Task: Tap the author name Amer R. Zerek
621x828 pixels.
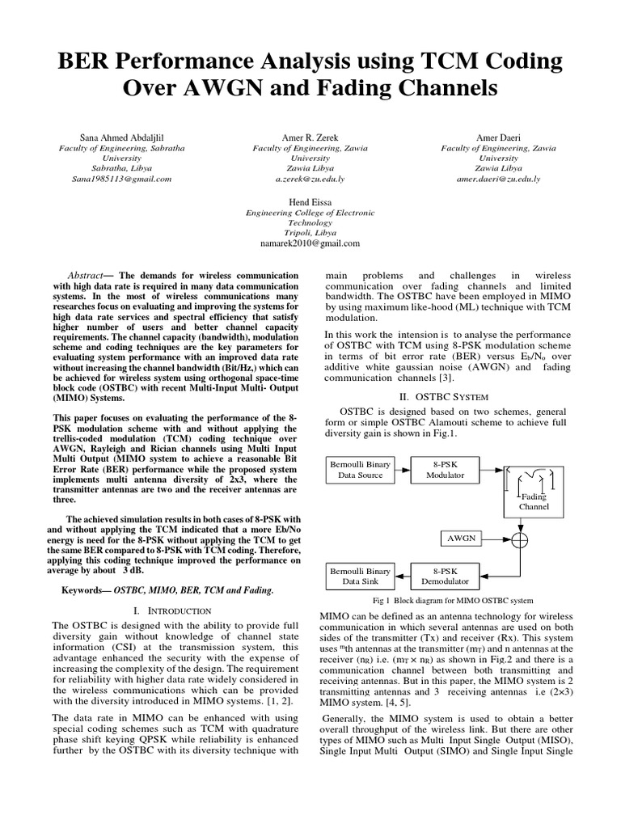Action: pyautogui.click(x=310, y=138)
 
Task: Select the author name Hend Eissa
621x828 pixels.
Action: pyautogui.click(x=310, y=201)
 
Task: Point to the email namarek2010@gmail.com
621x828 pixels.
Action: pyautogui.click(x=310, y=243)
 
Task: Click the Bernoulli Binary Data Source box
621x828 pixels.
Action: pyautogui.click(x=360, y=470)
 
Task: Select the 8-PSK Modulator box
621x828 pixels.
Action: pyautogui.click(x=445, y=470)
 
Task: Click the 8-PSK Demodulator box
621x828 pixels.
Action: pyautogui.click(x=445, y=575)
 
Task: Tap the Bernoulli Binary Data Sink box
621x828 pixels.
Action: pyautogui.click(x=360, y=575)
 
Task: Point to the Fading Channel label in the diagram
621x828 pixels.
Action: pyautogui.click(x=534, y=501)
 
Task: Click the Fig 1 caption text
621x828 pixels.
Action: pyautogui.click(x=452, y=601)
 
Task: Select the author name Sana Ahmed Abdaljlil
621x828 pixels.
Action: pyautogui.click(x=121, y=138)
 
